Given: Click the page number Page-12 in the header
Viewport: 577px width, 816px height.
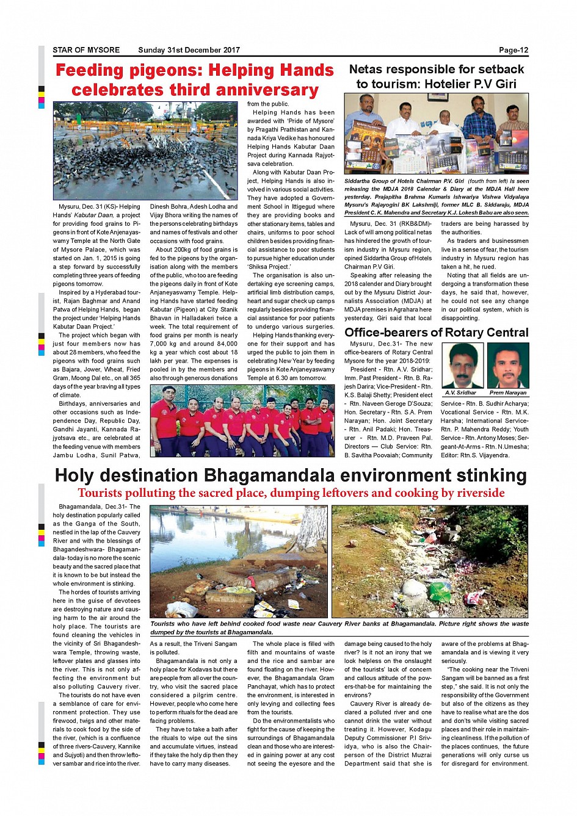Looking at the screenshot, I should [x=513, y=50].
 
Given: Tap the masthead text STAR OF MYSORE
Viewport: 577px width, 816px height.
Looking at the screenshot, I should [x=86, y=50].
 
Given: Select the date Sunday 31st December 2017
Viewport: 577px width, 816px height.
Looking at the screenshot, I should [x=189, y=50].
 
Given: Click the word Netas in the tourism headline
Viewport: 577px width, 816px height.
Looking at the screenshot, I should [x=368, y=70].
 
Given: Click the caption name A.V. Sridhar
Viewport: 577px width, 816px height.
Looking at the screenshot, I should [x=462, y=393].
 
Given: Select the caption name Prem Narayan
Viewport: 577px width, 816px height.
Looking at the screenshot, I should [x=508, y=393].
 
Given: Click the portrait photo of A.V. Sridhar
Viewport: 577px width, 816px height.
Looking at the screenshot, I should [x=462, y=366].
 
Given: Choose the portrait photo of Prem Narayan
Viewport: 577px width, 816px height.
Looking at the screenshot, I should [x=508, y=366].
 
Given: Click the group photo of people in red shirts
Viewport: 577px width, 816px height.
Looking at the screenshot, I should [x=242, y=421].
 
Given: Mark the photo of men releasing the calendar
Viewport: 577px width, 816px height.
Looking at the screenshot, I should [x=436, y=134].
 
